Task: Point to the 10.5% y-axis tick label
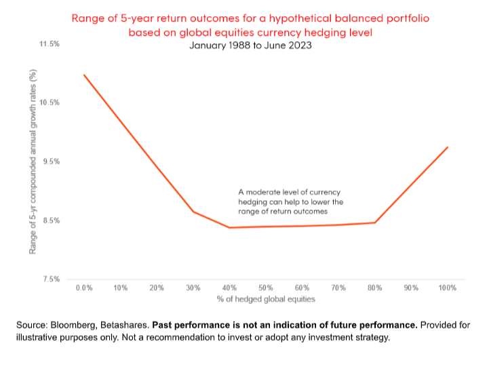coord(51,102)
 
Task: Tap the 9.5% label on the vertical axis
coord(52,161)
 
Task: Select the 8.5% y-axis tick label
coord(52,220)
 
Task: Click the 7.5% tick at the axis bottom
coord(52,279)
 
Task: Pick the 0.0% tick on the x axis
coord(84,288)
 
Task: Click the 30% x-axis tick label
coord(193,288)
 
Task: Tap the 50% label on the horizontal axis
coord(266,288)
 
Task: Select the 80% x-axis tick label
coord(374,288)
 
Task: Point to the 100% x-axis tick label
coord(447,288)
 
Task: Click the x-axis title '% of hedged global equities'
coord(265,299)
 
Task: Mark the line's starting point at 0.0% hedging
coord(84,75)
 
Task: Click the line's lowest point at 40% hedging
coord(229,227)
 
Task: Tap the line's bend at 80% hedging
coord(374,223)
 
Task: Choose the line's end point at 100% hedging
coord(448,147)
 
